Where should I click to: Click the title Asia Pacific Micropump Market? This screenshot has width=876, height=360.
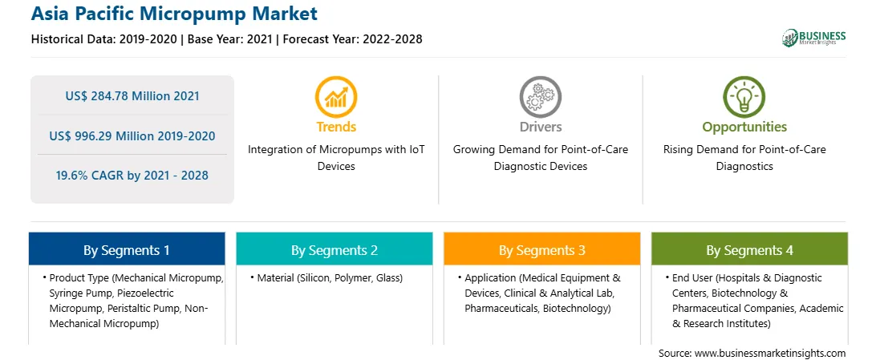174,14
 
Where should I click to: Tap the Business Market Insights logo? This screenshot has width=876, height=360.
813,38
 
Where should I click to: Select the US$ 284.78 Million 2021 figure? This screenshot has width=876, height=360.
132,96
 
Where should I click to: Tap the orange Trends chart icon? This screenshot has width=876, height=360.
336,96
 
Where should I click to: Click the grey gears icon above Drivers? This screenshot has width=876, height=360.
540,96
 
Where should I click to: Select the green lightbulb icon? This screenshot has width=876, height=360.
744,96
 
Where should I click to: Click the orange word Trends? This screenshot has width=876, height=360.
336,127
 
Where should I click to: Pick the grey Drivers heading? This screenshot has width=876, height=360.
541,127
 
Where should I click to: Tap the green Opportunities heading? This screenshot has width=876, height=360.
744,127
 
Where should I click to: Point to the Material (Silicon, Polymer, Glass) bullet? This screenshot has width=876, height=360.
326,278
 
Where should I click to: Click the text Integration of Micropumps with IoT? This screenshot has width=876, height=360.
336,150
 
